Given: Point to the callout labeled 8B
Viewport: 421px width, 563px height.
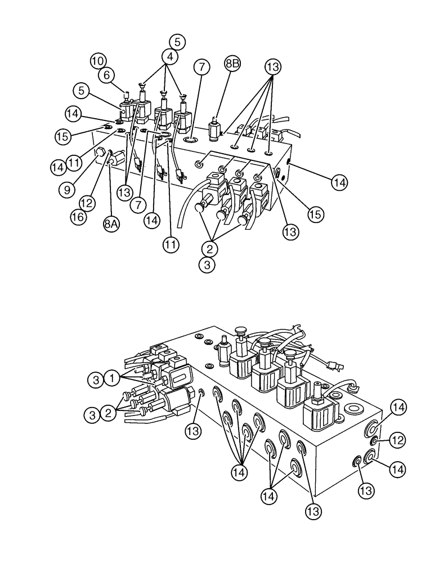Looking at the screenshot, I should [232, 64].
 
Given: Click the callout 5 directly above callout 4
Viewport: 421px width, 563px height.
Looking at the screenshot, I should [177, 42].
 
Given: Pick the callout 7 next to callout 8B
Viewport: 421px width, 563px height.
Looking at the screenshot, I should [203, 68].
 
